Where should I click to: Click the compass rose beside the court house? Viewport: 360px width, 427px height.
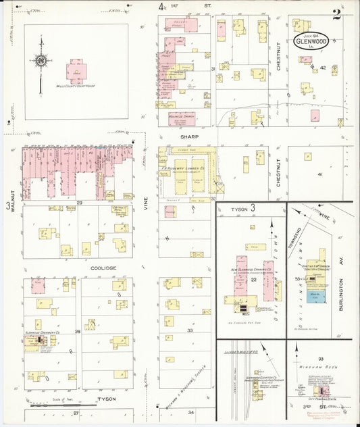point(42,61)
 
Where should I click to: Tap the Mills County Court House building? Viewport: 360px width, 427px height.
point(76,71)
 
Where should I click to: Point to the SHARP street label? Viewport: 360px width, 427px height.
point(178,135)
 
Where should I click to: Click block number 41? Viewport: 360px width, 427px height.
point(319,174)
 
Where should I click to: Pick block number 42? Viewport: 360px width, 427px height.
point(324,68)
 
